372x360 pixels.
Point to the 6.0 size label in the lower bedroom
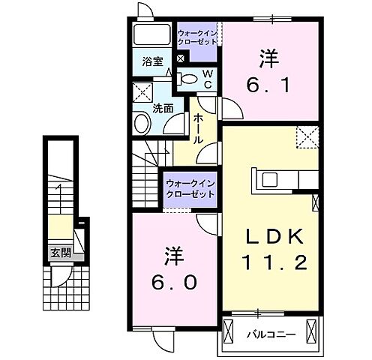(x=172, y=283)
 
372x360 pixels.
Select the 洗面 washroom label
(x=163, y=108)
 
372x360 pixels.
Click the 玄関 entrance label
(x=61, y=253)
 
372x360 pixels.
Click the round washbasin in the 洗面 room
(x=142, y=123)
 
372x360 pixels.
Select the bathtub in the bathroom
(x=153, y=36)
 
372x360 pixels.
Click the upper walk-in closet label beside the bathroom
(x=198, y=37)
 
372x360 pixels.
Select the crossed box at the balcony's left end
(x=230, y=328)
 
